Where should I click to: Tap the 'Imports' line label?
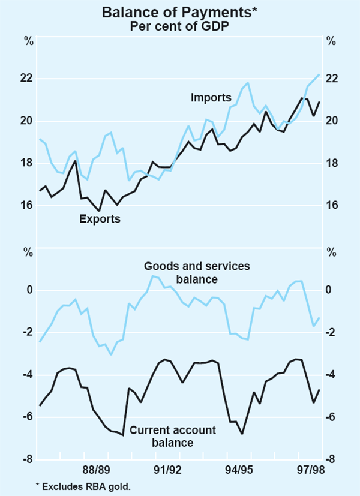(211, 97)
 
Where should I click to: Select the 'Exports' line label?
(100, 219)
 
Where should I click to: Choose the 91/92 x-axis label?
(163, 471)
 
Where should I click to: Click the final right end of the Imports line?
(319, 74)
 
